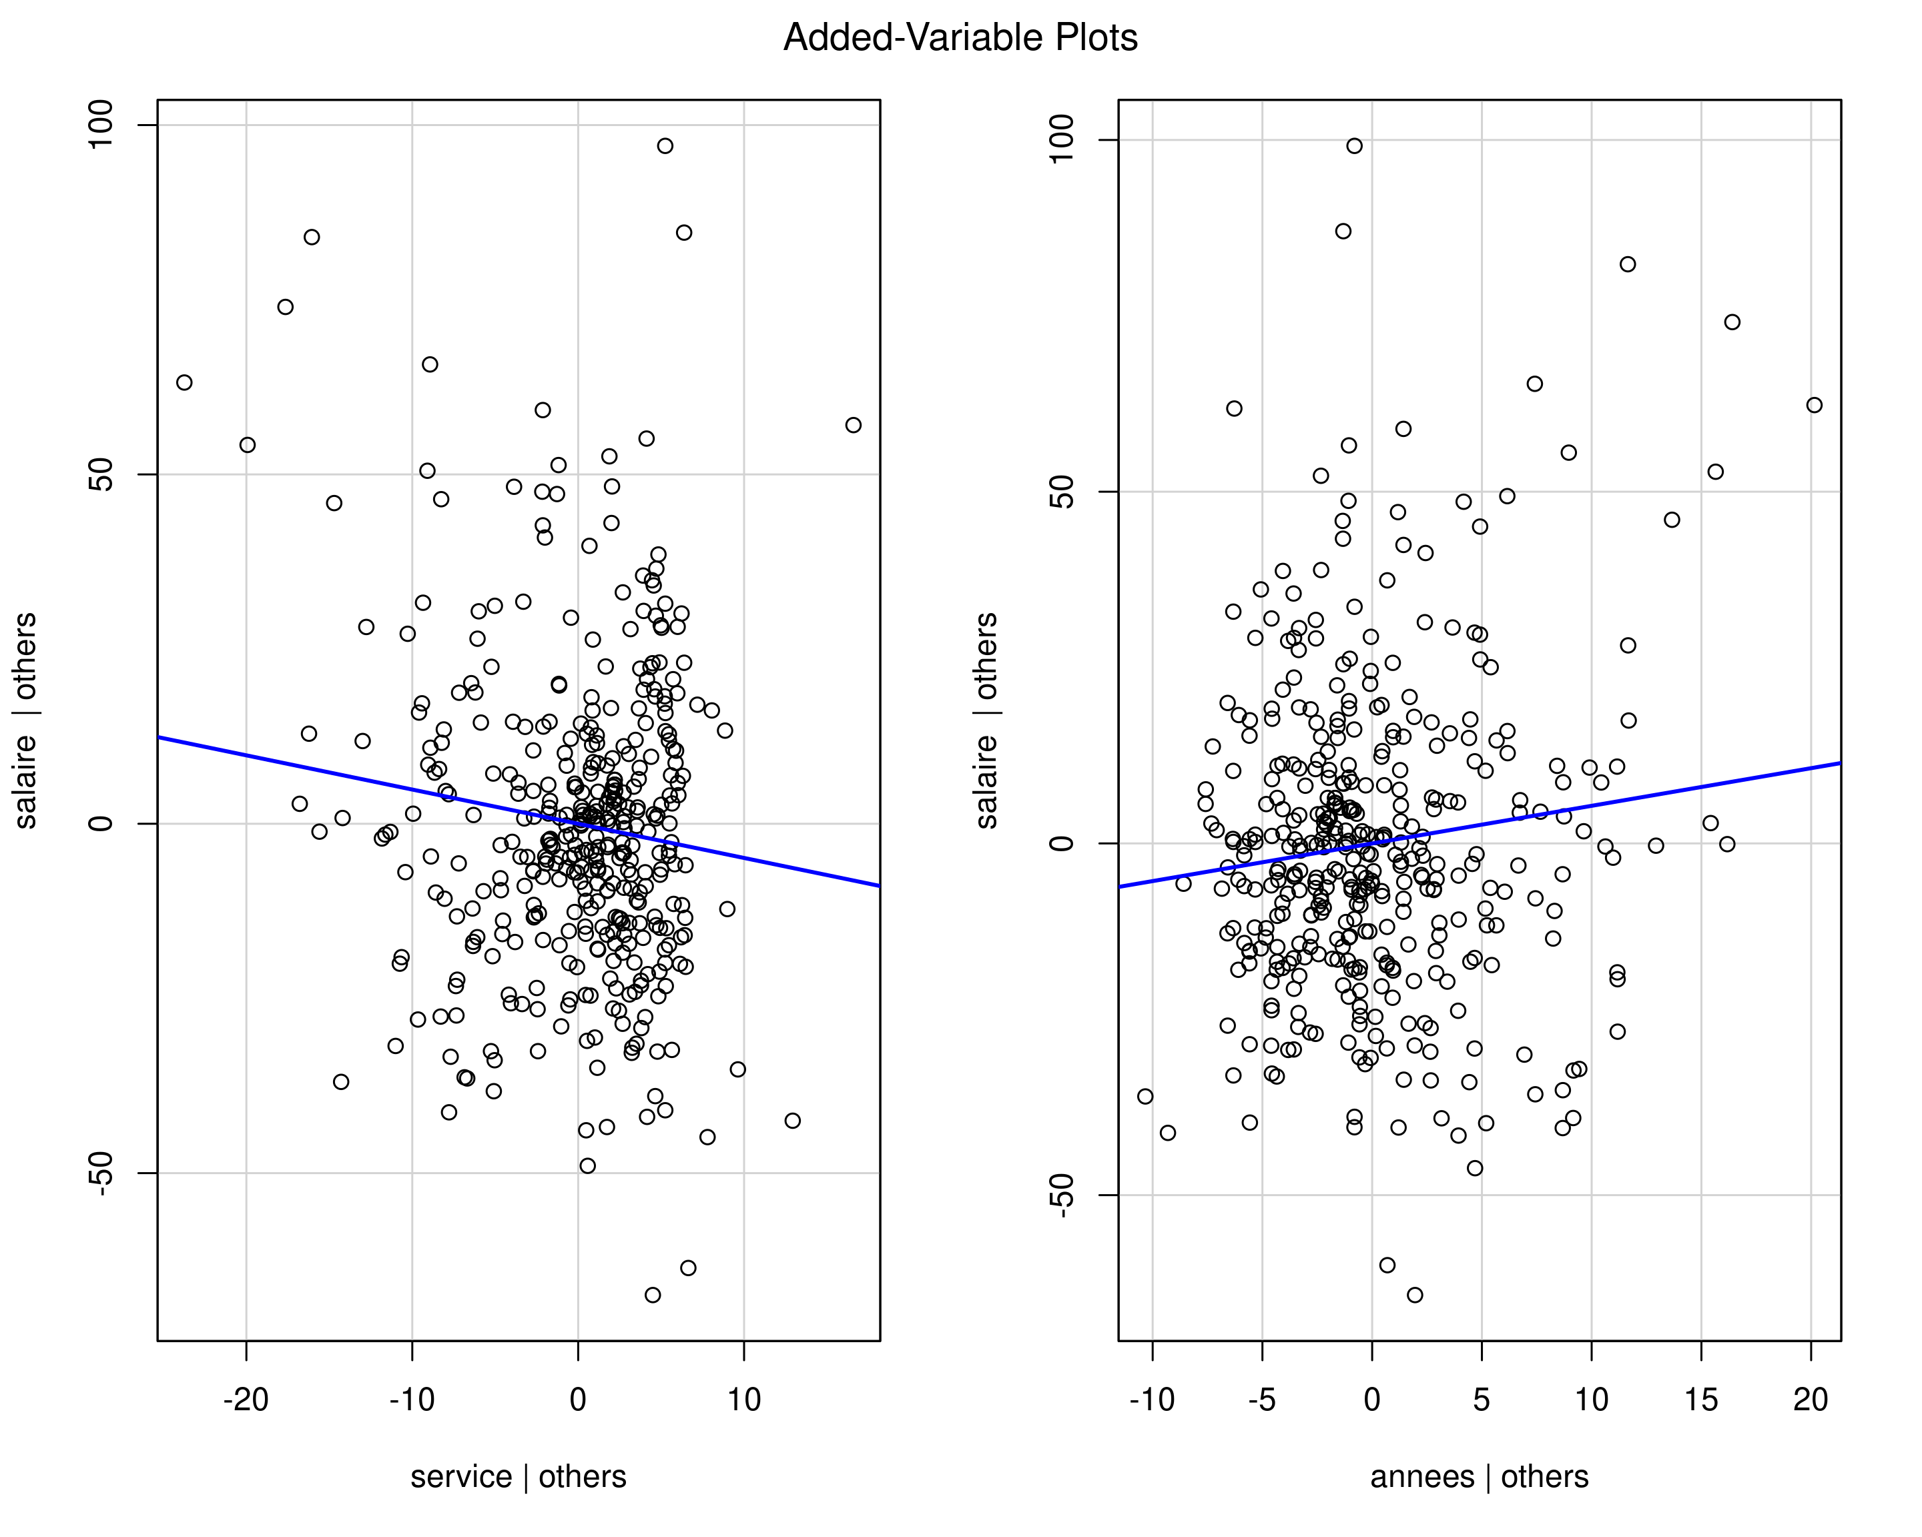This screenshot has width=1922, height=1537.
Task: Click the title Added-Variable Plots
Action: tap(960, 38)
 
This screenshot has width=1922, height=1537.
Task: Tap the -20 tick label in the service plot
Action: tap(246, 1400)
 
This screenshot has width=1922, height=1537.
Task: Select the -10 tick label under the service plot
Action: tap(412, 1400)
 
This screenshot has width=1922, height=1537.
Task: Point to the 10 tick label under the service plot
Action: tap(743, 1400)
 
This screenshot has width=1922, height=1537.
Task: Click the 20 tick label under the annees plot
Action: tap(1811, 1400)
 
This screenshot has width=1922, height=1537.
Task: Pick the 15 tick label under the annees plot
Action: tap(1701, 1400)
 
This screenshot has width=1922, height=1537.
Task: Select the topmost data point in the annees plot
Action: tap(1354, 146)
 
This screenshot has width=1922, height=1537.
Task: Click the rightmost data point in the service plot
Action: tap(853, 425)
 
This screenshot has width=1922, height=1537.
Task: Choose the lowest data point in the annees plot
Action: tap(1415, 1295)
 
